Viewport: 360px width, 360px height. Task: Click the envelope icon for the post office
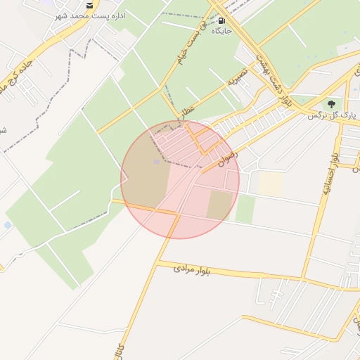89,5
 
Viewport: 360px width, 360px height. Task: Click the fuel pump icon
222,21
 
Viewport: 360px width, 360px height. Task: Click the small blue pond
8,225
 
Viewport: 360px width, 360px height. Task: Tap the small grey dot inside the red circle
157,162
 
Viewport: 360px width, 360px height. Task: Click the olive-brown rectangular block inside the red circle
219,204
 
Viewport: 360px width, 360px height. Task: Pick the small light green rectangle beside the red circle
245,210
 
